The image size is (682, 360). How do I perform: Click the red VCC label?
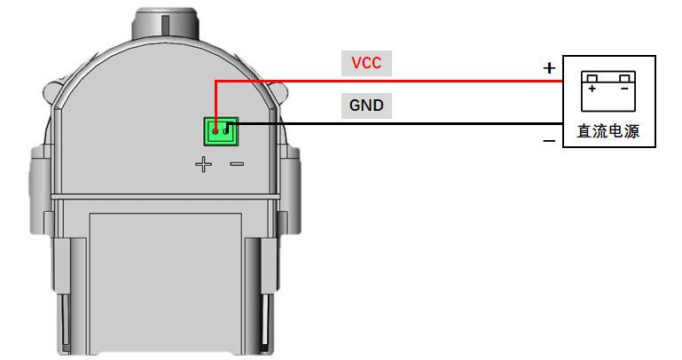366,63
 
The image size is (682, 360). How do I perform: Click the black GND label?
366,106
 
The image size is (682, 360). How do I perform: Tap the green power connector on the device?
221,131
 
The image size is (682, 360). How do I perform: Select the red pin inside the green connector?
215,130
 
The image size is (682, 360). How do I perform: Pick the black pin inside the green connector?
226,130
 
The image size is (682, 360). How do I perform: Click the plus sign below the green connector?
204,164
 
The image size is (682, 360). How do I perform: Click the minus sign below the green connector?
237,164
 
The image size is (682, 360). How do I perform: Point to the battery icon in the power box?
608,91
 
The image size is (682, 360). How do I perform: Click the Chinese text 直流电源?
608,131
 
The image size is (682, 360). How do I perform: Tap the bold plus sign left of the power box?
549,67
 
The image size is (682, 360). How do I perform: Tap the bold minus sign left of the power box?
549,140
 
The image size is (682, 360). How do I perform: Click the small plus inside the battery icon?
592,89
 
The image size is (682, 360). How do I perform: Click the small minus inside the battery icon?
624,89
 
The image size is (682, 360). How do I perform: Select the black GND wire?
394,124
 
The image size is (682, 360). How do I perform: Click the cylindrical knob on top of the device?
165,24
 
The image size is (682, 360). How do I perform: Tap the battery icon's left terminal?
592,78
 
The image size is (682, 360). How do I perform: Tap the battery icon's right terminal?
624,78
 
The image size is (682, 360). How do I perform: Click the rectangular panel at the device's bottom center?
166,283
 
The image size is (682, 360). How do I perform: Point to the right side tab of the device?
290,192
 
